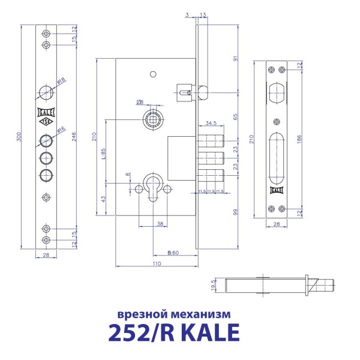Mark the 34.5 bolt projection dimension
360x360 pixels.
[x=210, y=123]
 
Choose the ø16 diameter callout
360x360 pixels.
[x=61, y=130]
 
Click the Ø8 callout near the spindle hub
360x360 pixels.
[x=139, y=101]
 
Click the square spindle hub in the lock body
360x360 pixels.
[x=153, y=118]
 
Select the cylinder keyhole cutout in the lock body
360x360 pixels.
[x=153, y=184]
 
